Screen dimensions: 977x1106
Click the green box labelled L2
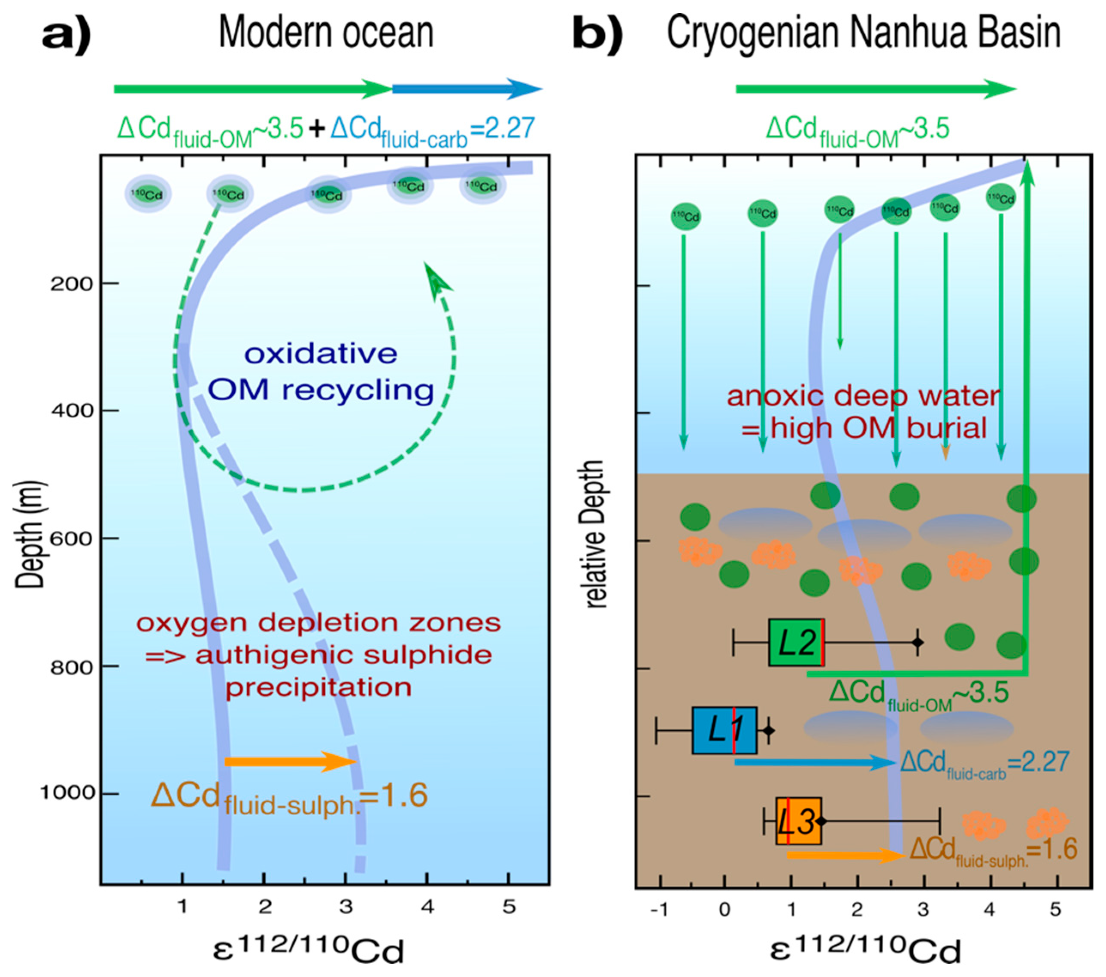click(x=796, y=642)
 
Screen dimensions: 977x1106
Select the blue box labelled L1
click(x=724, y=730)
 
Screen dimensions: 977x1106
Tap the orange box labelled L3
click(x=798, y=821)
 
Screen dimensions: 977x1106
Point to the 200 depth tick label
click(x=73, y=284)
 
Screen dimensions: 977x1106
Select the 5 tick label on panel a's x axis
click(x=509, y=907)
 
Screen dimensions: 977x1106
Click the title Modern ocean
click(x=326, y=33)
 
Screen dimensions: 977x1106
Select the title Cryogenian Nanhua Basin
click(x=863, y=33)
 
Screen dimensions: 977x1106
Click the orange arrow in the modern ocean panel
click(x=290, y=762)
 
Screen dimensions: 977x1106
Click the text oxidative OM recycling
click(x=321, y=372)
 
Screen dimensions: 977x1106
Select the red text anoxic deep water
click(x=863, y=396)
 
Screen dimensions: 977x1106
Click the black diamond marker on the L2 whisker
click(x=917, y=642)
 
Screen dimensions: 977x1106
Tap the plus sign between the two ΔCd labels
click(x=317, y=129)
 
